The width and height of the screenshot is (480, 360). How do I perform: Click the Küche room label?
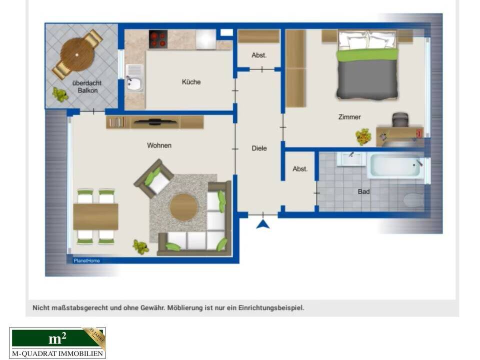(191, 81)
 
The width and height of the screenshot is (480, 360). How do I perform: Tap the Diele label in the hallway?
(259, 148)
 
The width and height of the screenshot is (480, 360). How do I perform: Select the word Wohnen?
(159, 145)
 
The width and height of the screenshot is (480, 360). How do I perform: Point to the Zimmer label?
(349, 117)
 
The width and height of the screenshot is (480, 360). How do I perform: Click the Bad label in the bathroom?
(363, 191)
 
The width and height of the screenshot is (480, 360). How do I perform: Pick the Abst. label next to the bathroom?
(300, 169)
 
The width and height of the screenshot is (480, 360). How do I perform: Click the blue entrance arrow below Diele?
(263, 223)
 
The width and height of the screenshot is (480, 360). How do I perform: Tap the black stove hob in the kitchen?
(158, 39)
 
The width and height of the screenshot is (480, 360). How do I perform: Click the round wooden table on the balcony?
(77, 54)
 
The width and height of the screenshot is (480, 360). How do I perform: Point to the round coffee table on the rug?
(183, 206)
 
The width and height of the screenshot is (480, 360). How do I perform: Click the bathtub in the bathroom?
(395, 165)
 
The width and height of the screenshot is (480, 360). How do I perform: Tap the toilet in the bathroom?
(413, 200)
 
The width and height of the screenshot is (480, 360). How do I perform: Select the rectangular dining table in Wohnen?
(95, 216)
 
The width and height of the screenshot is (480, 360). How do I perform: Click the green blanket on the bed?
(367, 54)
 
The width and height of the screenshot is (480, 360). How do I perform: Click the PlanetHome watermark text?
(86, 260)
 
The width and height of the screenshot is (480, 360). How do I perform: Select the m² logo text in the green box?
(57, 338)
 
